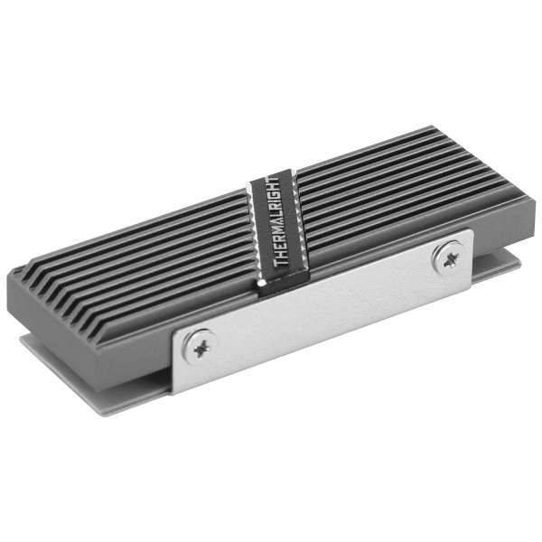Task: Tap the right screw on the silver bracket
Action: (446, 258)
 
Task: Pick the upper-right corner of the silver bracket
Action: (469, 232)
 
